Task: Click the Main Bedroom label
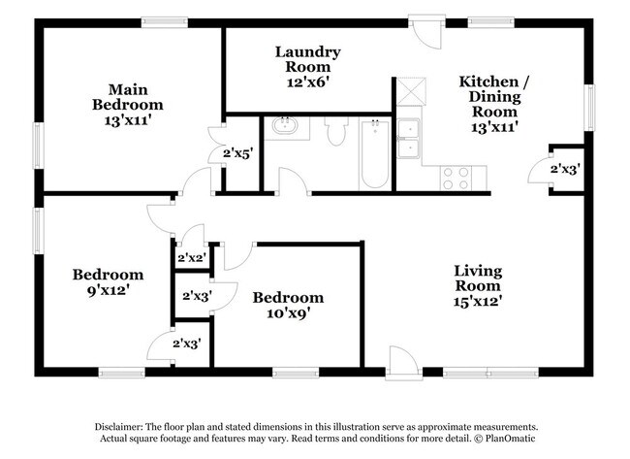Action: [x=128, y=97]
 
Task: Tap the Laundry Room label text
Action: [x=307, y=59]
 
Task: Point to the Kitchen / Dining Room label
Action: [x=494, y=96]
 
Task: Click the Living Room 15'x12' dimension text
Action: [x=478, y=301]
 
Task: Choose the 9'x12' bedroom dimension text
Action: [x=108, y=289]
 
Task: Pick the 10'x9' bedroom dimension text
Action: [x=288, y=312]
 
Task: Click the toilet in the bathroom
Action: [x=336, y=131]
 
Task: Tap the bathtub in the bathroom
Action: [x=374, y=153]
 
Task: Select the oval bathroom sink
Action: [x=286, y=126]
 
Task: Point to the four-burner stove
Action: [x=456, y=178]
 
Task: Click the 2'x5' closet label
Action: [x=237, y=152]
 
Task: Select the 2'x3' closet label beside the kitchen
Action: [x=565, y=169]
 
